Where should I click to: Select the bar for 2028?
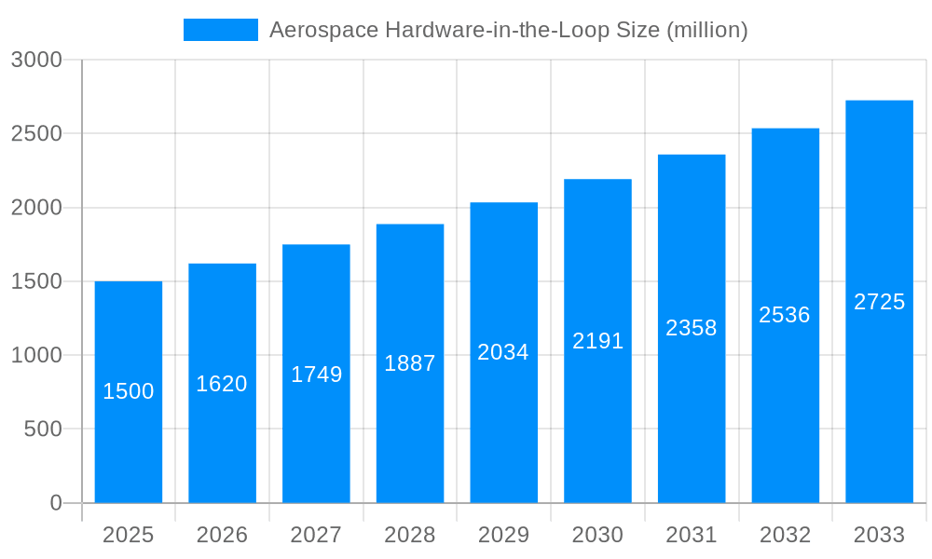point(410,429)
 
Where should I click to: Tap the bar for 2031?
point(692,410)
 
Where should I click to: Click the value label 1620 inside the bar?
point(222,384)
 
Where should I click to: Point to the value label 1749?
point(317,375)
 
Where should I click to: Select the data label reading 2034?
point(503,352)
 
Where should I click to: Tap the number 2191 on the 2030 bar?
point(597,341)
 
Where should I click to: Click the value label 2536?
point(785,315)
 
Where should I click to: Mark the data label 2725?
point(879,302)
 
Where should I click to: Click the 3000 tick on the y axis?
point(36,61)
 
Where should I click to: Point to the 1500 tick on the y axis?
point(36,281)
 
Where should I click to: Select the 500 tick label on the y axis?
point(43,429)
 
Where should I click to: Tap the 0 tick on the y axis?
point(56,503)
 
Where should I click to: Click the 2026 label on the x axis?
point(222,535)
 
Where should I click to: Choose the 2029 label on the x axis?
point(503,535)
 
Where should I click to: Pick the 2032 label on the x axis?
point(785,535)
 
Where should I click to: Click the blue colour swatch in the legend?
point(221,30)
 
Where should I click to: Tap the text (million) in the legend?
point(707,30)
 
